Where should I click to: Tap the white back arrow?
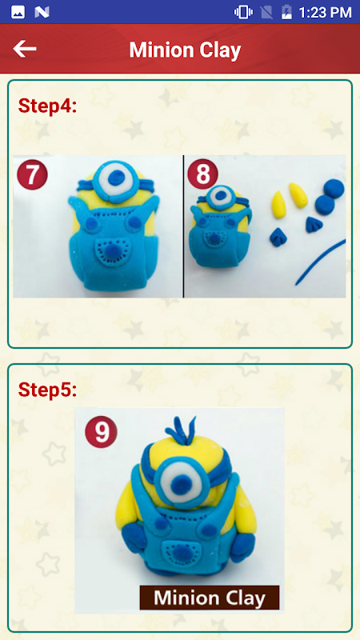[x=25, y=49]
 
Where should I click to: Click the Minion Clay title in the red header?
[x=186, y=50]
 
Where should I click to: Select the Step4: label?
[x=48, y=106]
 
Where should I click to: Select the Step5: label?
[x=48, y=390]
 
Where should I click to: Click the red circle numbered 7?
[x=32, y=174]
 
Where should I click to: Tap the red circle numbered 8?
[x=202, y=174]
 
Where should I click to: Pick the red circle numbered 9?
[x=101, y=431]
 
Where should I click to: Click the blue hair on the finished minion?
[x=182, y=430]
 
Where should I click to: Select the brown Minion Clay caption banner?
[x=210, y=598]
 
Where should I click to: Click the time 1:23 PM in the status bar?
[x=325, y=12]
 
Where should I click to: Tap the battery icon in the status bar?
[x=286, y=12]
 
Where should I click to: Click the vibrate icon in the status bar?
[x=243, y=12]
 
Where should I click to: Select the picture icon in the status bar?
[x=18, y=12]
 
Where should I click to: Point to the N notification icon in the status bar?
[x=42, y=12]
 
